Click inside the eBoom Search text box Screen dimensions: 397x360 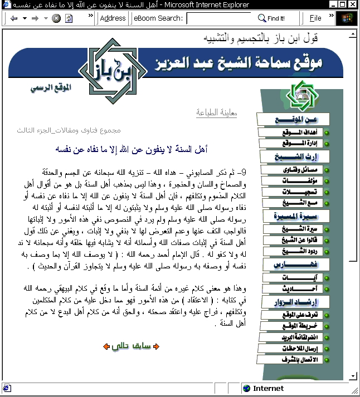(x=218, y=18)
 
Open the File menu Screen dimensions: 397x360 (x=315, y=18)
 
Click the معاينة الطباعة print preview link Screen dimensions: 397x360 (x=217, y=112)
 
